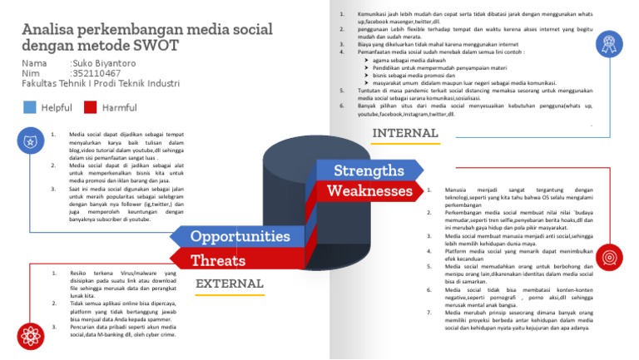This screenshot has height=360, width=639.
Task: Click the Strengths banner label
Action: [368, 171]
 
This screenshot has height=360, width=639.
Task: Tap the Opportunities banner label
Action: [240, 236]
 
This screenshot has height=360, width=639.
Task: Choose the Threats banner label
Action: [218, 260]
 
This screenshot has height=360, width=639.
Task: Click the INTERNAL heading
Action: [405, 133]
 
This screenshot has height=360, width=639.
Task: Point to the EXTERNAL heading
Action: [229, 284]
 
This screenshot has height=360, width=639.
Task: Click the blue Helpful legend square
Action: [30, 107]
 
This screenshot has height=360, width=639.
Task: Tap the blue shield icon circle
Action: [30, 141]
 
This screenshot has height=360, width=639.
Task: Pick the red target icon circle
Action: [608, 255]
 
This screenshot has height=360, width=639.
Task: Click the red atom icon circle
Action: [30, 336]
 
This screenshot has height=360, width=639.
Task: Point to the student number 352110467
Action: [97, 73]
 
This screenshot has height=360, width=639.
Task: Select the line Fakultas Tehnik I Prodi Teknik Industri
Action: [101, 84]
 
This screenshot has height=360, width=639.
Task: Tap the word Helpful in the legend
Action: [57, 107]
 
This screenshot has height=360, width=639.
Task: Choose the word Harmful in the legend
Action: [120, 107]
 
